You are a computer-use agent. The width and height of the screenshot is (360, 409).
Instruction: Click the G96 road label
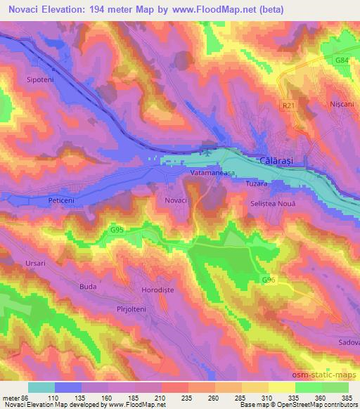pos(269,280)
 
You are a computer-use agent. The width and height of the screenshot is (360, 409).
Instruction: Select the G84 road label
pos(341,61)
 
